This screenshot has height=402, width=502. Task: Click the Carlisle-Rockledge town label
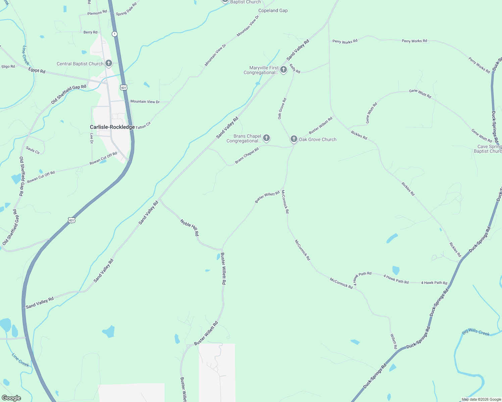(x=112, y=127)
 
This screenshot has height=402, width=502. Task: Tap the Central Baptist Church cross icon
(x=108, y=63)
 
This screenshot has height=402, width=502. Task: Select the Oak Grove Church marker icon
(x=294, y=139)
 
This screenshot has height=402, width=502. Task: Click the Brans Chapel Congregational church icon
(x=266, y=138)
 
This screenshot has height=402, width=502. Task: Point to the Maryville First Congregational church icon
(x=284, y=70)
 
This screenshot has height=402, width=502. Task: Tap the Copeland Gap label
(x=273, y=10)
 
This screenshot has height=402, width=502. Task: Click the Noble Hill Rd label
(x=190, y=228)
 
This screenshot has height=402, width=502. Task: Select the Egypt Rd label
(x=37, y=70)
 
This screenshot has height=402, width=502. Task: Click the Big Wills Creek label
(x=476, y=332)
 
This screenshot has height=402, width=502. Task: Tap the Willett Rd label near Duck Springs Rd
(x=394, y=341)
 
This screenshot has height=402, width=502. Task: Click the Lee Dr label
(x=92, y=138)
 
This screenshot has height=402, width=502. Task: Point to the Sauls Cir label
(x=33, y=150)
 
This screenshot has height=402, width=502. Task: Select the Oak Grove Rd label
(x=282, y=109)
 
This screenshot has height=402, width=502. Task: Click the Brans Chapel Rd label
(x=247, y=156)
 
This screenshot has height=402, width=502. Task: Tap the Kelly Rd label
(x=295, y=68)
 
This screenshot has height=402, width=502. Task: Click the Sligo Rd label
(x=8, y=66)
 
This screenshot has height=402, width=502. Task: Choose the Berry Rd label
(x=90, y=32)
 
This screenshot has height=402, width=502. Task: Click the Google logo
(x=11, y=398)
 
